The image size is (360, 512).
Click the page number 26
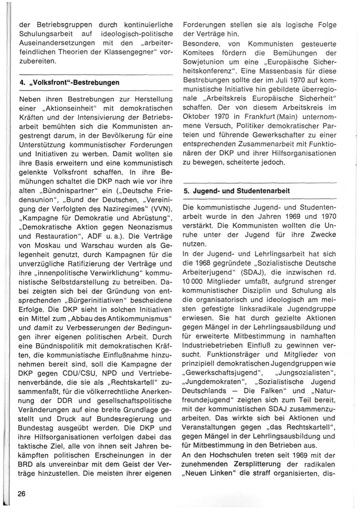tap(22, 494)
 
